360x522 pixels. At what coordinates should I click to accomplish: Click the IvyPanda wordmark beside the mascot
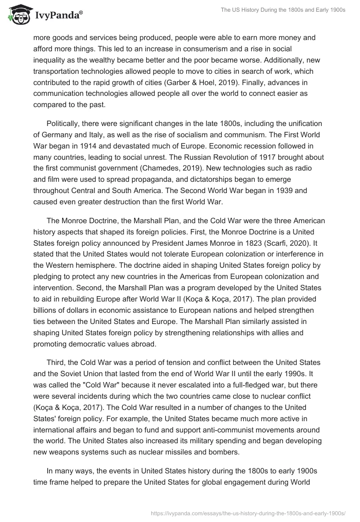click(58, 16)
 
